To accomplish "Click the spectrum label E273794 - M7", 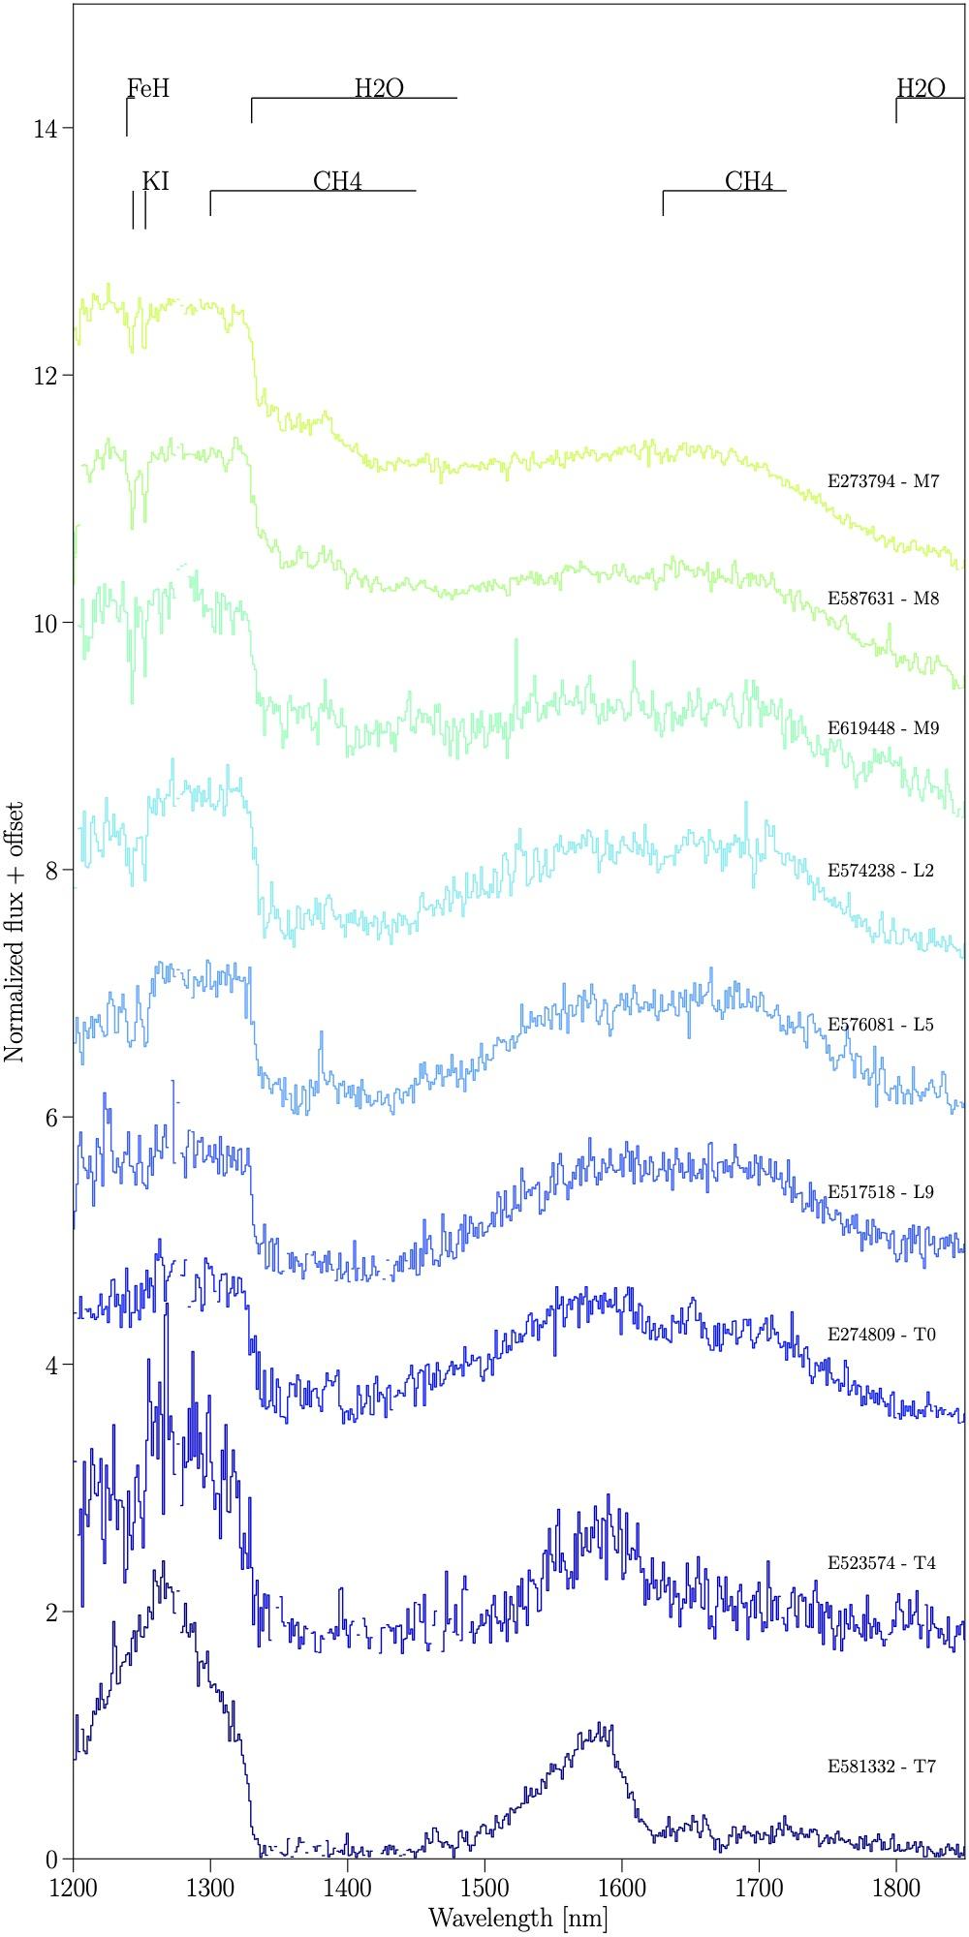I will tap(883, 481).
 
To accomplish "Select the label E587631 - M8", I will tap(883, 599).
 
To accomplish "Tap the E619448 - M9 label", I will tap(883, 728).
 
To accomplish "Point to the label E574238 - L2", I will tap(881, 871).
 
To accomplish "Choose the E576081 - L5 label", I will tap(881, 1025).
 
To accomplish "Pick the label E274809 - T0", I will tap(882, 1335).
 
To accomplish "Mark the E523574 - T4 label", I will tap(882, 1563).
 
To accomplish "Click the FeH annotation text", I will tap(148, 90).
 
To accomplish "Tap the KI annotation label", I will tap(155, 182).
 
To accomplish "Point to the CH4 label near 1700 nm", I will tap(749, 182).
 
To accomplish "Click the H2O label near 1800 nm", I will tap(921, 89).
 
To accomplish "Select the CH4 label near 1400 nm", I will tap(337, 182).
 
